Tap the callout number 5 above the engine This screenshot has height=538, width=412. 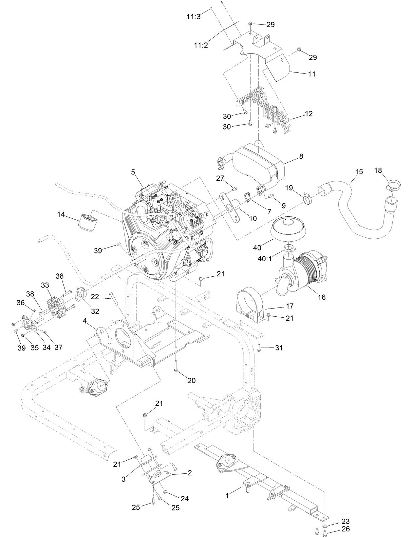pyautogui.click(x=133, y=171)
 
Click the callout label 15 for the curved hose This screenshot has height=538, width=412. pyautogui.click(x=359, y=171)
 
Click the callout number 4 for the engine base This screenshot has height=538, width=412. pyautogui.click(x=85, y=321)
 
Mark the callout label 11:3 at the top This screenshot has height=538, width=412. pyautogui.click(x=194, y=17)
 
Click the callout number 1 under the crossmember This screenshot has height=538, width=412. pyautogui.click(x=227, y=496)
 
